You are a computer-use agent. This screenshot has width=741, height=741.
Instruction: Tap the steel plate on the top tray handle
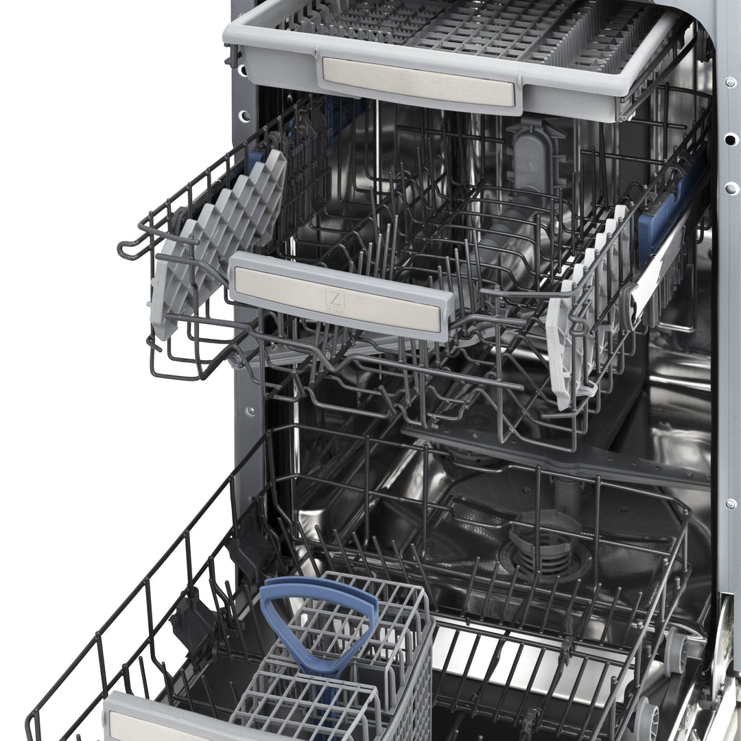coord(419,81)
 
